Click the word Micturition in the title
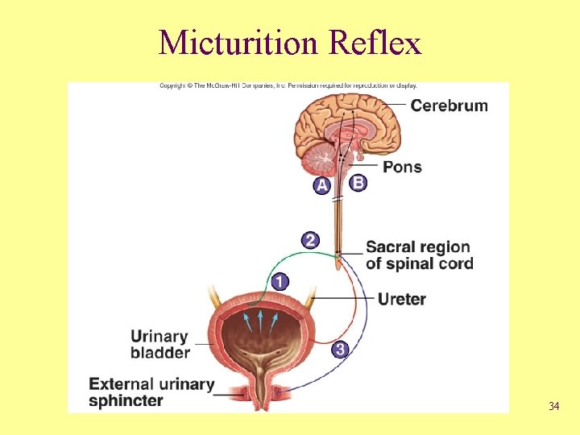[239, 42]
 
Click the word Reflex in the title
[375, 42]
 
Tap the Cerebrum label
[449, 106]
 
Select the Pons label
[402, 167]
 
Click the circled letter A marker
[322, 185]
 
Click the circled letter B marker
[358, 183]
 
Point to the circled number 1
[280, 281]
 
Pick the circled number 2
[310, 239]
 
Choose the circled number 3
[341, 349]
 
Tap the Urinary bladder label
[160, 344]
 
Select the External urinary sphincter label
[151, 392]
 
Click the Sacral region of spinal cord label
[419, 255]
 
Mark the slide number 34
[553, 406]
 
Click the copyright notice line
[288, 85]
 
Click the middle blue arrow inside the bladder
[260, 320]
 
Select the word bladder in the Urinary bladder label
[160, 352]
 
